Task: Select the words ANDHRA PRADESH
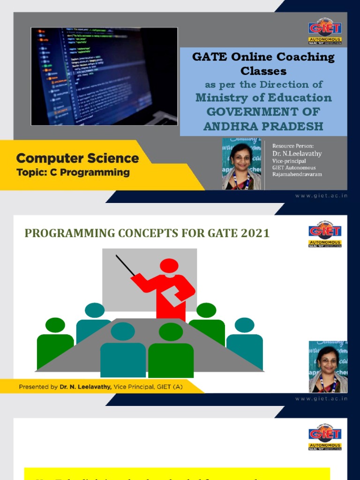coord(263,126)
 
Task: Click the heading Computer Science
coord(78,158)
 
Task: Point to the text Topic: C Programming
coord(73,172)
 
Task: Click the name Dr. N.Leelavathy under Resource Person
coord(297,154)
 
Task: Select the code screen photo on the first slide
coord(104,76)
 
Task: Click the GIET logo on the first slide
coord(325,31)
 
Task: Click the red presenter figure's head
coord(169,266)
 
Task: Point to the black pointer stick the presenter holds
coord(125,265)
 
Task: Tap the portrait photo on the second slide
coord(328,367)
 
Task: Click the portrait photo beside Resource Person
coord(241,164)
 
